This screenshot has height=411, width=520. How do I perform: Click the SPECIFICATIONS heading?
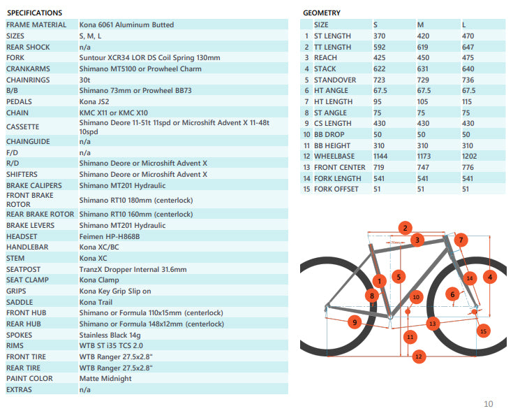pos(34,13)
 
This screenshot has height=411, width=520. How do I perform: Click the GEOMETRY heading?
pos(322,13)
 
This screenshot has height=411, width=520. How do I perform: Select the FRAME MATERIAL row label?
pos(36,24)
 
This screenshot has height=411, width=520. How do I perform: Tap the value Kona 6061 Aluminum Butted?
pos(126,24)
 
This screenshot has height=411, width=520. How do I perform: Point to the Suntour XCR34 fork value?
pos(149,57)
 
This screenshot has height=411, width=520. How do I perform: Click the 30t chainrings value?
pos(85,80)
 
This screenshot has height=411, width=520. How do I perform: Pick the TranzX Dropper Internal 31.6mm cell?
pos(133,269)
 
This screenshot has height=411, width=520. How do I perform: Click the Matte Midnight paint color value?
pos(105,379)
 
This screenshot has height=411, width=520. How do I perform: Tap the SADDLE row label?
pos(20,302)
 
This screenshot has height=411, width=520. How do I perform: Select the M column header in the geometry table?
pos(420,24)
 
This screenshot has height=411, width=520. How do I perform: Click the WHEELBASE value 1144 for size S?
pos(382,156)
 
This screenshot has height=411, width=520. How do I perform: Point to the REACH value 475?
pos(468,57)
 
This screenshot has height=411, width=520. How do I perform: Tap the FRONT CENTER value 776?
pos(468,167)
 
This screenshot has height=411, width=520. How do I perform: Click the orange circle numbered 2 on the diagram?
pos(404,228)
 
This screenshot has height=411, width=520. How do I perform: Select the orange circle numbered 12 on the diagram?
pos(418,356)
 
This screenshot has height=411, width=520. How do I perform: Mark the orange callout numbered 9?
pos(355,322)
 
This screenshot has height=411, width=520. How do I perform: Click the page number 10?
pos(488,403)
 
